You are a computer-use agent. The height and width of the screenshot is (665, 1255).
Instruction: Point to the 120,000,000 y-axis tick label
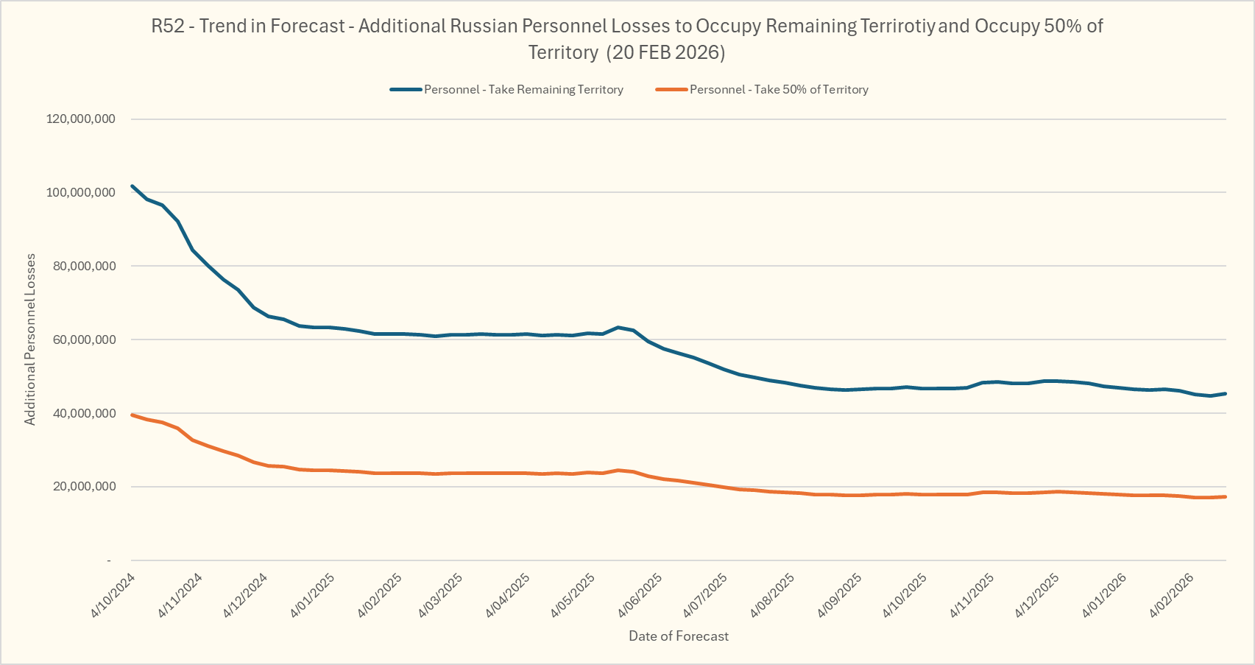[x=81, y=119]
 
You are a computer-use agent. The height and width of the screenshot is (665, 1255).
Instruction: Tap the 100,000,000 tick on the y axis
[x=81, y=193]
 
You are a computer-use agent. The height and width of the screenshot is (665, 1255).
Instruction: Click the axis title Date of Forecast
[x=679, y=636]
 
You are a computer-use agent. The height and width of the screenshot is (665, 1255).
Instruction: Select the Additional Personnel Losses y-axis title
[x=30, y=339]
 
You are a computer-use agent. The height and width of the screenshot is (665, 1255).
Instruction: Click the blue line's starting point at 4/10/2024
[x=132, y=186]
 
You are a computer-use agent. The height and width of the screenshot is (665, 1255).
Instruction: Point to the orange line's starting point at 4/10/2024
[x=132, y=415]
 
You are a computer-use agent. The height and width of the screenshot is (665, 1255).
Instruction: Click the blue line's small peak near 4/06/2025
[x=618, y=327]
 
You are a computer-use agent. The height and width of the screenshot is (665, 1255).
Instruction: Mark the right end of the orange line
[x=1226, y=496]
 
